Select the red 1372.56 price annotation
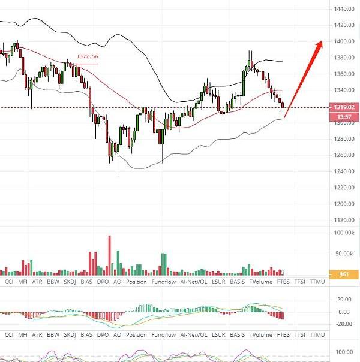87,56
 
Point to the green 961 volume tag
344,274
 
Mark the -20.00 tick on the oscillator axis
343,325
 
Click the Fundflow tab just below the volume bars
163,282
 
